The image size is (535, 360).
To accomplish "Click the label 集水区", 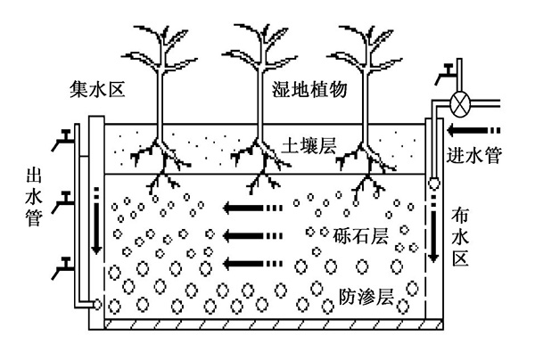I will [x=96, y=90].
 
